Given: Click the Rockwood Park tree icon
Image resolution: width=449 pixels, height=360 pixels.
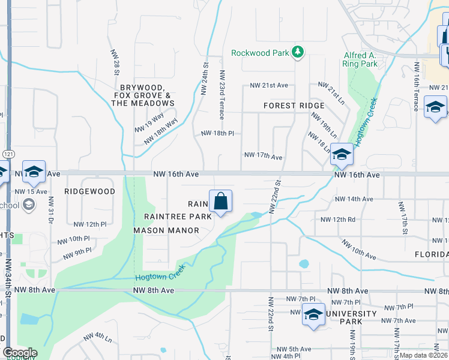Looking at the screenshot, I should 297,53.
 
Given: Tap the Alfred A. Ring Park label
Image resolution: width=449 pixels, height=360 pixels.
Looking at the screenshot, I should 360,59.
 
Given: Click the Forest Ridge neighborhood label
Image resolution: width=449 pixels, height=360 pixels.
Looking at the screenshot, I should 294,106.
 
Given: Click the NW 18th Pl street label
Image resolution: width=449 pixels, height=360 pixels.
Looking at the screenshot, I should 217,133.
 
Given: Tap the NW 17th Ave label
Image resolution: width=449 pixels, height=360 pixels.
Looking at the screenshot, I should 263,157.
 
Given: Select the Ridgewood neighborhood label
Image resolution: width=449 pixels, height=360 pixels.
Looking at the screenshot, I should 90,191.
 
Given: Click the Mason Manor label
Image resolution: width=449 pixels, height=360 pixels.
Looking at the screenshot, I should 166,230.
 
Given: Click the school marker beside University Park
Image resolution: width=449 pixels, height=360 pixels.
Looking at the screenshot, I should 313,315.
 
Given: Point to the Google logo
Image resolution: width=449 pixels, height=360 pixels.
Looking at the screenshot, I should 20,353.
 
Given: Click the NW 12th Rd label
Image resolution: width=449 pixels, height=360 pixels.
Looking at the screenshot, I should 338,220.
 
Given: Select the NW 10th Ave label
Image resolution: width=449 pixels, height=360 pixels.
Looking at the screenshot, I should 359,250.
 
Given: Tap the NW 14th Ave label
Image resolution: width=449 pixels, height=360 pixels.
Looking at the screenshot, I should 354,199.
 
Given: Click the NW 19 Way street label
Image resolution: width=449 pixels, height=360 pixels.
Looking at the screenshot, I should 149,122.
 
